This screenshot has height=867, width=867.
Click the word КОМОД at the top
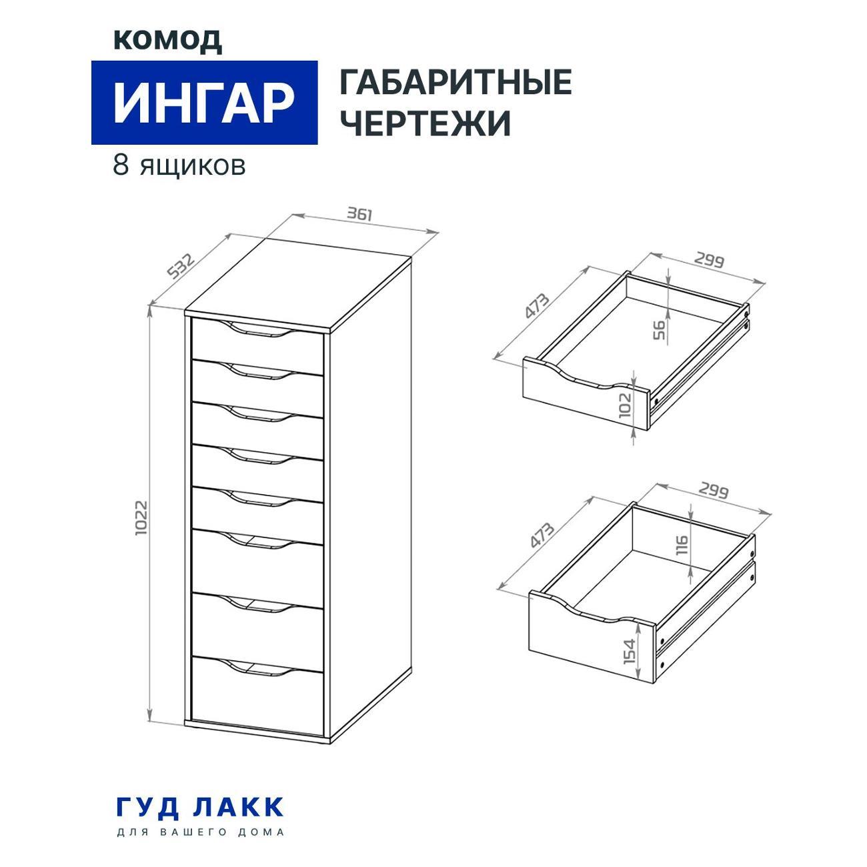167,41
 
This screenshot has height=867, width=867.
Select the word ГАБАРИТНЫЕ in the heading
456,82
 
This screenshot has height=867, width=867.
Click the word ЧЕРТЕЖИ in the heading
425,122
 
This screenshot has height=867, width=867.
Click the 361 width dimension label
360,213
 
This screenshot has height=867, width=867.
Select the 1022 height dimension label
141,518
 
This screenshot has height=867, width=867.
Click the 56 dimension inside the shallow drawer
658,330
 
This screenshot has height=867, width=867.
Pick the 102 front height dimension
626,405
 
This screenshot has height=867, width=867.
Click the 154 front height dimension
630,651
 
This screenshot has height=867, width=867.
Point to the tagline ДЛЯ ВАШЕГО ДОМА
200,832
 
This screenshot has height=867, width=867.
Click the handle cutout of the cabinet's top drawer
257,328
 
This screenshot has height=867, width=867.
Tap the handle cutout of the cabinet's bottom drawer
257,668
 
